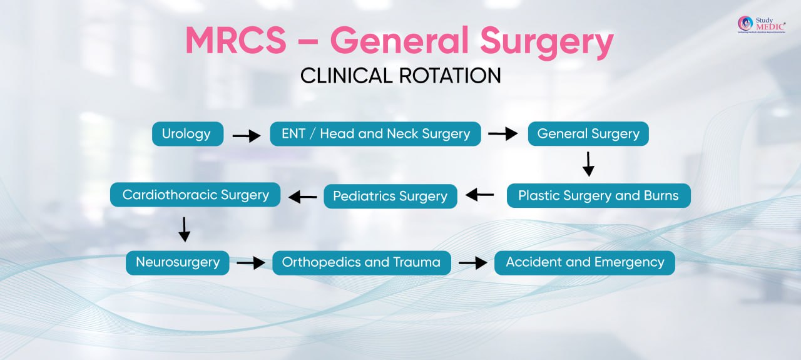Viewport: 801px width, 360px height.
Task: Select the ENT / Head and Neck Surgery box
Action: coord(375,133)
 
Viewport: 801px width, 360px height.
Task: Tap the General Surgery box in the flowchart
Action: coord(588,133)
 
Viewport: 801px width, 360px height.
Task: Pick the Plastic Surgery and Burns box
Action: coord(598,195)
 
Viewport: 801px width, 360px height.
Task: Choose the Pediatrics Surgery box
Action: coord(390,196)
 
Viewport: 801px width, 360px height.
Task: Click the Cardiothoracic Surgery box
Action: coord(195,194)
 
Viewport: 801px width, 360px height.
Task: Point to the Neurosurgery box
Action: coord(178,262)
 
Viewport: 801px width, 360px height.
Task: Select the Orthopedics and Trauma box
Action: coord(361,262)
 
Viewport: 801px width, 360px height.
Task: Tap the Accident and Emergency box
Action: coord(584,262)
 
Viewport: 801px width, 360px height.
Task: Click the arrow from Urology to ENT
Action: coord(246,135)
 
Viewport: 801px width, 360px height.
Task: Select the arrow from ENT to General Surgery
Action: coord(503,133)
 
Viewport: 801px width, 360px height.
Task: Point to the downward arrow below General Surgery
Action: coord(588,164)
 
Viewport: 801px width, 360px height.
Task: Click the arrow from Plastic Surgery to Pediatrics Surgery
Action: coord(480,195)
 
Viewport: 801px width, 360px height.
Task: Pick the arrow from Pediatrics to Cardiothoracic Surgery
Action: coord(303,197)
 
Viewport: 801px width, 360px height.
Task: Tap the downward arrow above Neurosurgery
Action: coord(184,229)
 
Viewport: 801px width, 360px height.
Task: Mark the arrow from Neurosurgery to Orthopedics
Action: coord(250,263)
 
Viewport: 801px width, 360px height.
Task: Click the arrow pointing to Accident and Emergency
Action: coord(472,263)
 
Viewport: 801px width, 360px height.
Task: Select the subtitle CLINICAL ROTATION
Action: coord(400,76)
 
